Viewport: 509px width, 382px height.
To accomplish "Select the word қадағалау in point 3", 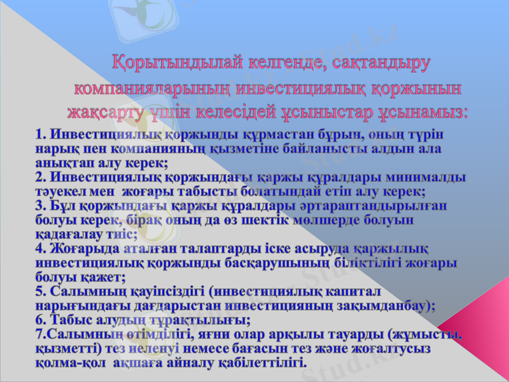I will click(x=66, y=234).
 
